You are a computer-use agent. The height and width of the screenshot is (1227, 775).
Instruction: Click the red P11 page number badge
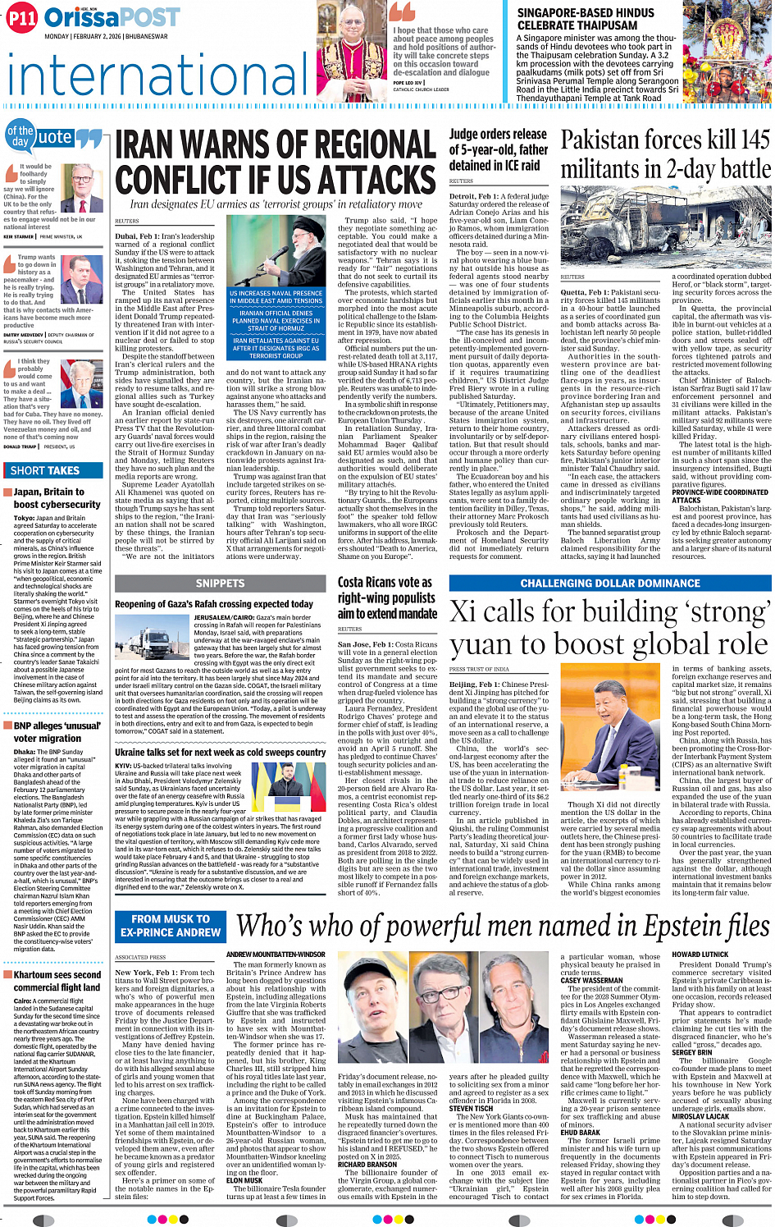pyautogui.click(x=21, y=19)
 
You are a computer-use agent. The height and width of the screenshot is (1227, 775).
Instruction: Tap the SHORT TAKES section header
pyautogui.click(x=45, y=470)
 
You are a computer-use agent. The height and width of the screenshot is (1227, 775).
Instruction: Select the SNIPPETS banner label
pyautogui.click(x=220, y=583)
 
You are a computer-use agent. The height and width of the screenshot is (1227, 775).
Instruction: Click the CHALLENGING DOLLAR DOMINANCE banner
pyautogui.click(x=609, y=583)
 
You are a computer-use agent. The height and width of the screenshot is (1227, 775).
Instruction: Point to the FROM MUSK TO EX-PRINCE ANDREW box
pyautogui.click(x=171, y=925)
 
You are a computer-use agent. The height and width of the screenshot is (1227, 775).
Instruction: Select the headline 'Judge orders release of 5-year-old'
pyautogui.click(x=498, y=149)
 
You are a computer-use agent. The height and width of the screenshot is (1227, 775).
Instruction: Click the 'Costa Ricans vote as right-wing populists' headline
pyautogui.click(x=387, y=597)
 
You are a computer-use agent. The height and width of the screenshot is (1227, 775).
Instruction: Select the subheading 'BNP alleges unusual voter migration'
pyautogui.click(x=57, y=731)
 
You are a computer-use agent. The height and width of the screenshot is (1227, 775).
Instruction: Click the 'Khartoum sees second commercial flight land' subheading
pyautogui.click(x=57, y=981)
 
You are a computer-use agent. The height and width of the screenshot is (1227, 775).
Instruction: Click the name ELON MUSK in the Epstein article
pyautogui.click(x=244, y=1180)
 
